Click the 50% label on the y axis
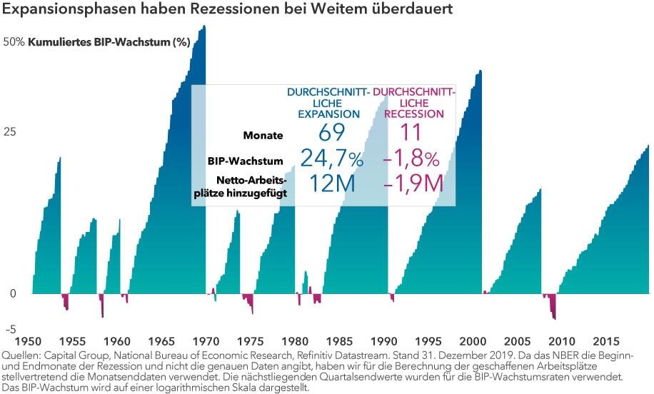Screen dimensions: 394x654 pyautogui.click(x=14, y=42)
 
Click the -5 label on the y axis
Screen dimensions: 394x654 pyautogui.click(x=11, y=329)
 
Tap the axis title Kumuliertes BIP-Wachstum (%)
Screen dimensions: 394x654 pyautogui.click(x=109, y=42)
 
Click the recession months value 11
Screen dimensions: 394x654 pyautogui.click(x=411, y=133)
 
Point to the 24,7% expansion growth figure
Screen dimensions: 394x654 pyautogui.click(x=331, y=158)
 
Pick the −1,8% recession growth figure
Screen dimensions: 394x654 pyautogui.click(x=411, y=158)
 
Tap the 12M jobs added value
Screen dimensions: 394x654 pyautogui.click(x=333, y=184)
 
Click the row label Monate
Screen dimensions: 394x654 pyautogui.click(x=263, y=135)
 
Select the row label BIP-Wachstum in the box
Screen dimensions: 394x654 pyautogui.click(x=248, y=161)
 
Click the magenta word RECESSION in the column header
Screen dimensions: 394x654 pyautogui.click(x=413, y=113)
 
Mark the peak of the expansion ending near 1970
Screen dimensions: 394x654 pyautogui.click(x=204, y=27)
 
